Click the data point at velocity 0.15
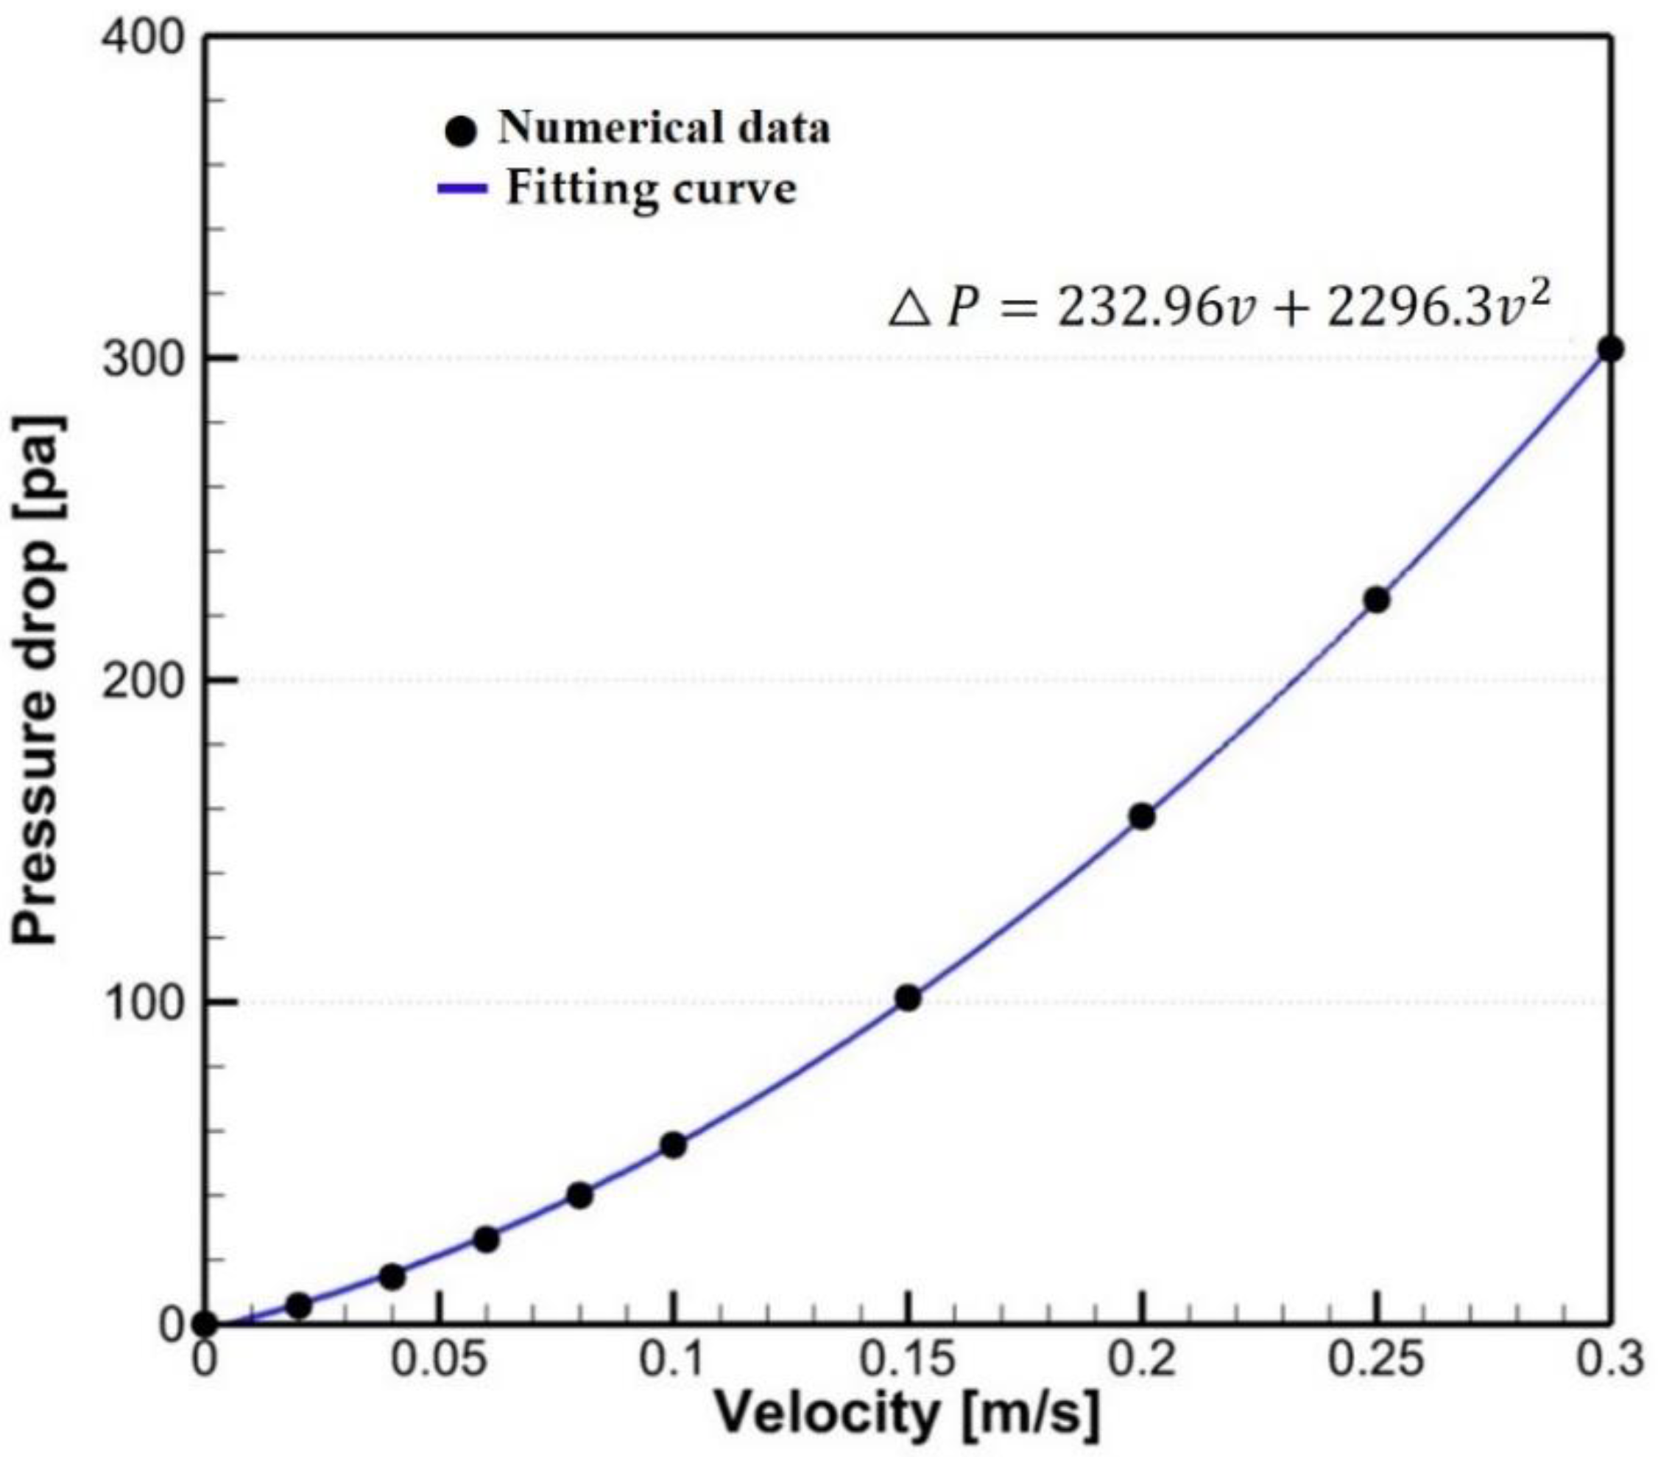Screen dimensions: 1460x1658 click(x=908, y=998)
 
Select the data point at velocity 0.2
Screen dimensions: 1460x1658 click(x=1141, y=816)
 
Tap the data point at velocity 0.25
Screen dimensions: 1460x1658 click(x=1377, y=600)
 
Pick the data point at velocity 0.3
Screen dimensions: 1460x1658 click(x=1610, y=349)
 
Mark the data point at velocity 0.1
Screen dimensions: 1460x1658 click(x=673, y=1145)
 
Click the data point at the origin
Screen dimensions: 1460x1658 click(x=205, y=1324)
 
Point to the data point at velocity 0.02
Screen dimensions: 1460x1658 click(x=298, y=1306)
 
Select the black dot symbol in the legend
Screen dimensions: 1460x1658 click(x=461, y=130)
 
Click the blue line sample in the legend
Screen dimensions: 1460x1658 click(x=462, y=189)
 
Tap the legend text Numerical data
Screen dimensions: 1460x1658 click(x=663, y=128)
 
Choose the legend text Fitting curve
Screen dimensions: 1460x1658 click(x=652, y=189)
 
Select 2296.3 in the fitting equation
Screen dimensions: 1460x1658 click(x=1408, y=310)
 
